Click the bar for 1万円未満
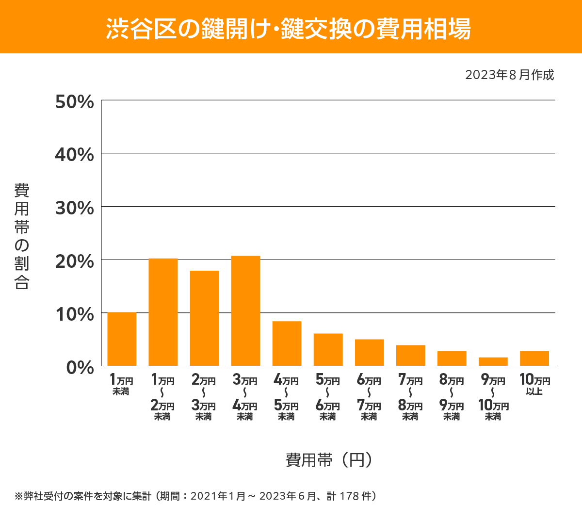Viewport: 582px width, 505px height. coord(122,339)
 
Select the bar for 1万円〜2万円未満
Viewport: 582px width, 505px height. coord(163,312)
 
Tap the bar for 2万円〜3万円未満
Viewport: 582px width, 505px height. coord(204,318)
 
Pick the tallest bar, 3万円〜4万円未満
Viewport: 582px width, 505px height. coord(245,311)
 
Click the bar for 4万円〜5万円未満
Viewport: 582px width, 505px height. coord(287,343)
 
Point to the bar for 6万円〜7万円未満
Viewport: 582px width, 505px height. coord(369,353)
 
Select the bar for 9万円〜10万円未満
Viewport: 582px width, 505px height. coord(493,361)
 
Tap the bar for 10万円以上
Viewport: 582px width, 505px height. coord(534,358)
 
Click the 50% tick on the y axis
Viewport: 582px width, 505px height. coord(74,102)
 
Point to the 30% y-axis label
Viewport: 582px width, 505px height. coord(74,208)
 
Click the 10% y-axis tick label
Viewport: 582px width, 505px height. coord(74,314)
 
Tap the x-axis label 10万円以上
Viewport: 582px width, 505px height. coord(534,384)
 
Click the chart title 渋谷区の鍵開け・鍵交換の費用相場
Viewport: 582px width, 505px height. coord(289,28)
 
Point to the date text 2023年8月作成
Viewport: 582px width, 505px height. coord(509,75)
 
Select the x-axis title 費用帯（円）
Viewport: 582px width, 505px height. coord(328,459)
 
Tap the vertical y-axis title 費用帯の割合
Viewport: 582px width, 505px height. coord(22,236)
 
